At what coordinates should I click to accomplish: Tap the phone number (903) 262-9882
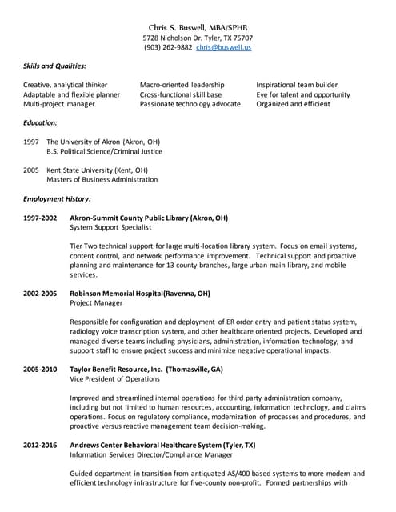pos(168,47)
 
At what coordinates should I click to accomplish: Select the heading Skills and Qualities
pos(54,66)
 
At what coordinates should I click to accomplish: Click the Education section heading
pos(40,123)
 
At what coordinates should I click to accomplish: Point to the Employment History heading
pos(57,198)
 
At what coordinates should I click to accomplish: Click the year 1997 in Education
pos(31,142)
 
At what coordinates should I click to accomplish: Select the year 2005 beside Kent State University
pos(31,170)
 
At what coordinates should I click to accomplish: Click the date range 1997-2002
pos(40,218)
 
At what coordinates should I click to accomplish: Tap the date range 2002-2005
pos(40,294)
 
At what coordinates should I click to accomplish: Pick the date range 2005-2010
pos(40,370)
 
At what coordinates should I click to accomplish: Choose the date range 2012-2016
pos(40,445)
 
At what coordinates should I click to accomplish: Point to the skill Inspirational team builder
pos(297,85)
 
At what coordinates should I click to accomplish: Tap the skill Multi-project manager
pos(58,104)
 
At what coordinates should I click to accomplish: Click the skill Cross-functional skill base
pos(182,94)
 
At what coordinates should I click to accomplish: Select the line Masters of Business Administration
pos(102,180)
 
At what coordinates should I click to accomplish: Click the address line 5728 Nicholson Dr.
pos(198,38)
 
